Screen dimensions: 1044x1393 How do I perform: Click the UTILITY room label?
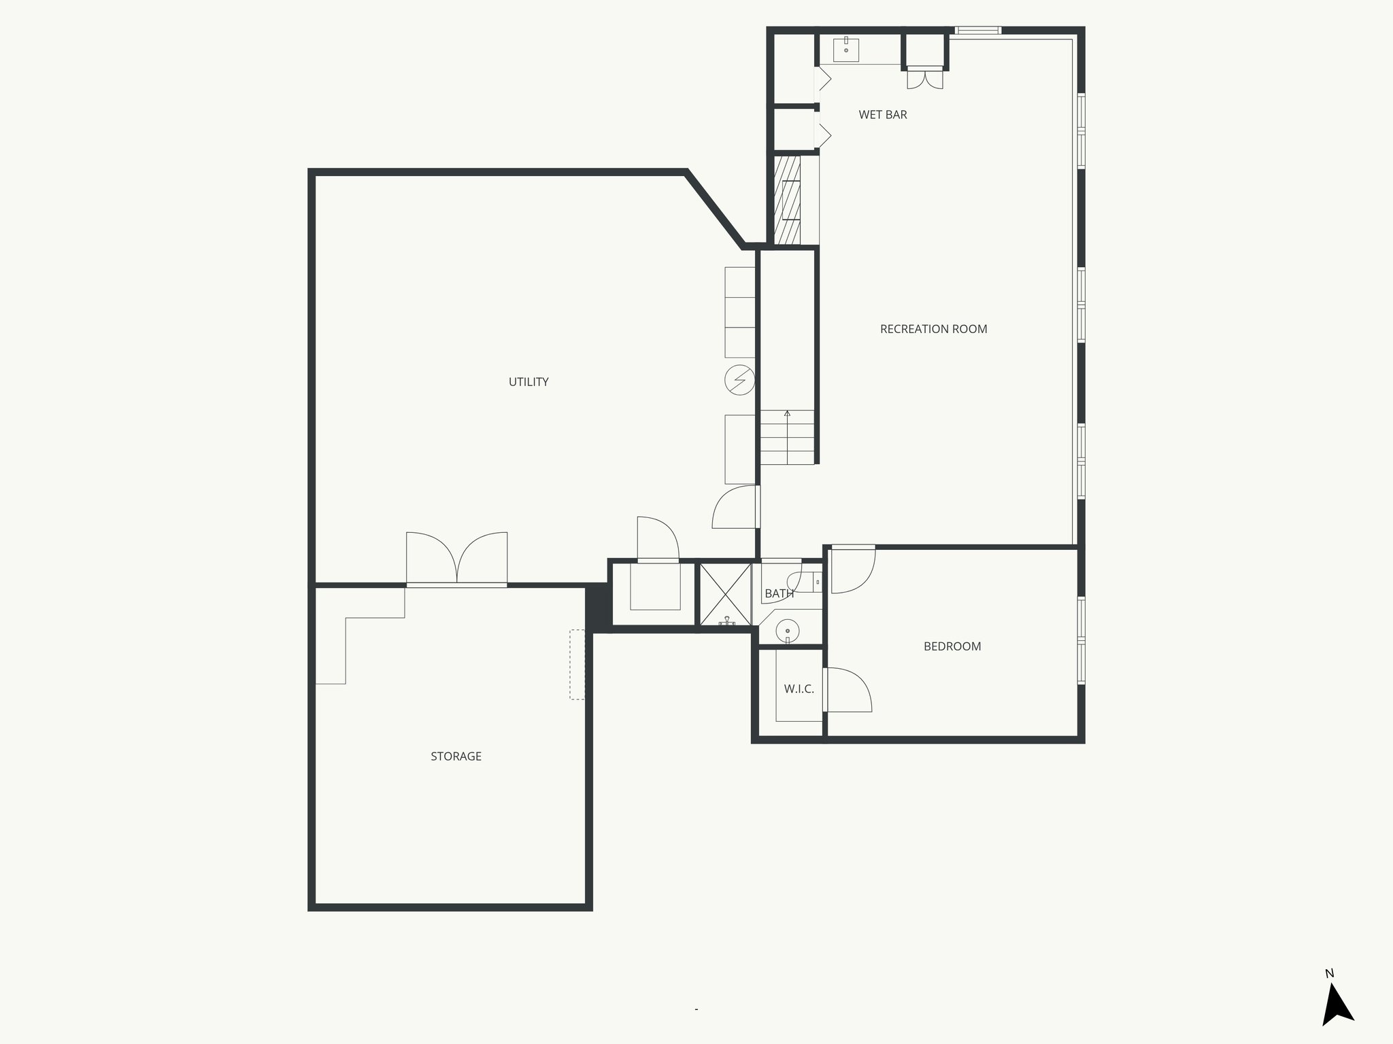[x=528, y=382]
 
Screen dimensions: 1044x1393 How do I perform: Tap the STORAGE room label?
[x=456, y=756]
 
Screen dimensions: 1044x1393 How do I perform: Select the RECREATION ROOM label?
[x=933, y=329]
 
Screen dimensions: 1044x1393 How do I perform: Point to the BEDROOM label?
[x=952, y=646]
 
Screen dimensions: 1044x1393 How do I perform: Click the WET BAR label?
[x=882, y=115]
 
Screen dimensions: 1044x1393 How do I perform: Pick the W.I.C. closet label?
[x=799, y=689]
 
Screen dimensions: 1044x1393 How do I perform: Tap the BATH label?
[x=779, y=593]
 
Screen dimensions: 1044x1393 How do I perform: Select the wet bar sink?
[x=846, y=50]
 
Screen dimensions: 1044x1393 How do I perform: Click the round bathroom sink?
[x=787, y=630]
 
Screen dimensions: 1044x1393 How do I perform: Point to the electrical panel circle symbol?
[x=740, y=380]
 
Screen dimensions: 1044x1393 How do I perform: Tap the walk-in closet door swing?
[x=848, y=690]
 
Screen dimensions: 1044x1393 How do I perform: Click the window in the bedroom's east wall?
[x=1081, y=640]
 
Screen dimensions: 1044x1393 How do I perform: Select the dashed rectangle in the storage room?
[x=577, y=664]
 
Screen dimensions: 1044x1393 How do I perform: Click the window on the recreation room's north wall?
[x=977, y=30]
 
